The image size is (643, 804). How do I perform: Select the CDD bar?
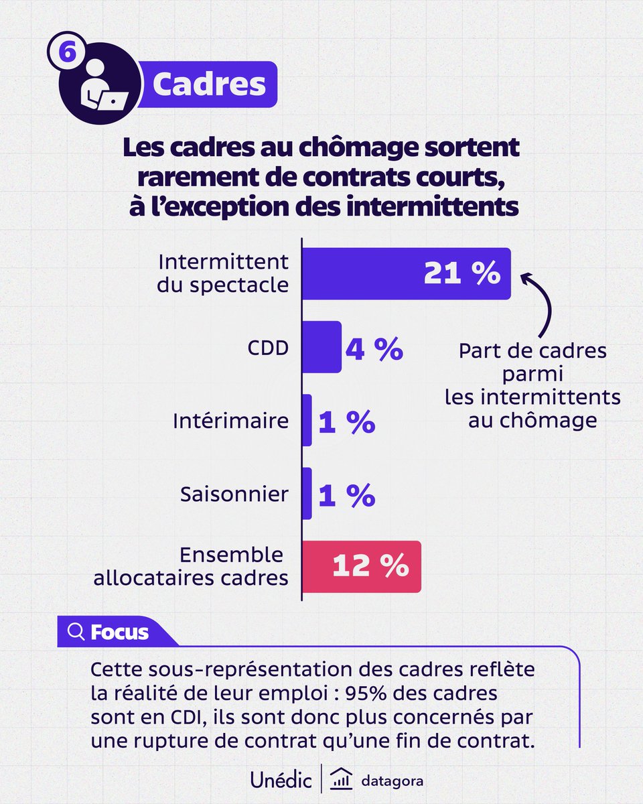click(x=322, y=347)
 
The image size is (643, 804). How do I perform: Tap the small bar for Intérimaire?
click(x=307, y=421)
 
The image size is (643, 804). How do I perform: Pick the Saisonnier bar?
click(x=307, y=494)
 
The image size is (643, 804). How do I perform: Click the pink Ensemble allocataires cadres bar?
click(x=362, y=567)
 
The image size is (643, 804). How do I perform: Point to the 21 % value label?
click(x=462, y=273)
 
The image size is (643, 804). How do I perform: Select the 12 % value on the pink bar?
click(x=370, y=567)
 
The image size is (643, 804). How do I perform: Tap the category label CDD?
click(x=269, y=348)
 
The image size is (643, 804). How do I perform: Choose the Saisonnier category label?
click(x=234, y=494)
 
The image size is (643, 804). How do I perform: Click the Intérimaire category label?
click(x=230, y=421)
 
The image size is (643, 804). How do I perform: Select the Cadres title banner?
click(x=208, y=84)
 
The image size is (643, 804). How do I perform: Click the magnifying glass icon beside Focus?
click(x=77, y=632)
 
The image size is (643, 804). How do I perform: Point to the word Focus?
click(x=119, y=632)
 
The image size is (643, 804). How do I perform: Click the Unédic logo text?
click(x=281, y=780)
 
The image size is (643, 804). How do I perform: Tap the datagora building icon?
click(x=343, y=780)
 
